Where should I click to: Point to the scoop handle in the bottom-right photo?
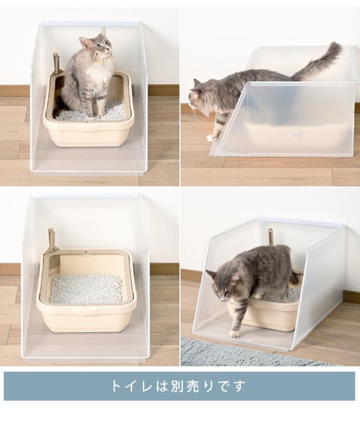(x=271, y=236)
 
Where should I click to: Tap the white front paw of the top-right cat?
(x=211, y=137)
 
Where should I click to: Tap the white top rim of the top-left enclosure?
(x=90, y=24)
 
